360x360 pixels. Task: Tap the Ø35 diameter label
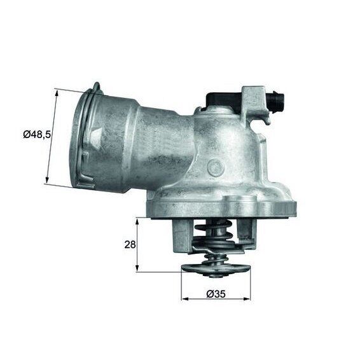pos(214,294)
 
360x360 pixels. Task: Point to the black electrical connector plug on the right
pos(277,101)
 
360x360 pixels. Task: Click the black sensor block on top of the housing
pos(219,98)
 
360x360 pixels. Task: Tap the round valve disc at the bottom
pos(212,269)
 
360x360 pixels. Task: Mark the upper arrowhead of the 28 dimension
pos(137,220)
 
